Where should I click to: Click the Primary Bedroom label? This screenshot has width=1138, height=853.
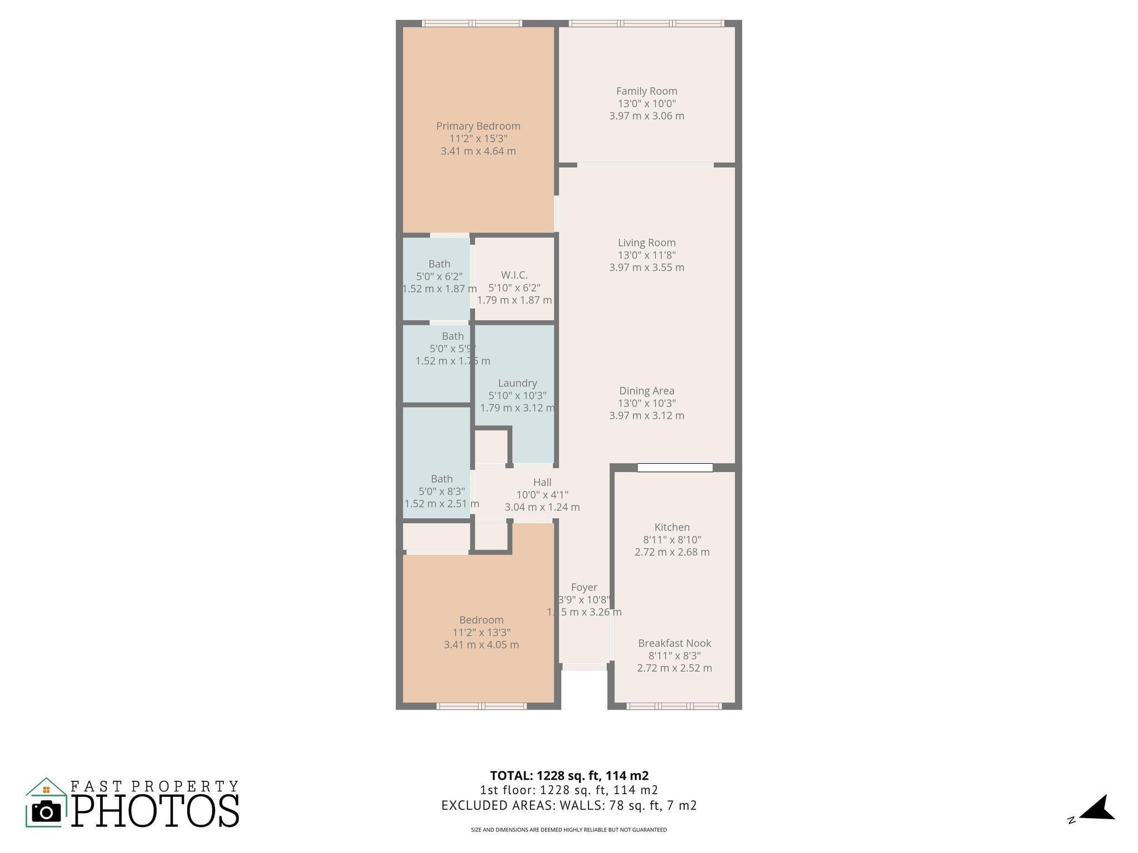click(478, 126)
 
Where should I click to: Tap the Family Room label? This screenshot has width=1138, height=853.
click(646, 91)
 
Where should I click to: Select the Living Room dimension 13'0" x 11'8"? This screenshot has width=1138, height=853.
click(646, 255)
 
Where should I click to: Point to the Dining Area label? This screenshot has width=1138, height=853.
click(646, 391)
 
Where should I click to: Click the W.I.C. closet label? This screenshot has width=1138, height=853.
click(514, 275)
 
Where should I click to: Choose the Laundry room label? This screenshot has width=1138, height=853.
click(517, 383)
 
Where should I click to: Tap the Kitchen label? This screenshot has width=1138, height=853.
click(672, 527)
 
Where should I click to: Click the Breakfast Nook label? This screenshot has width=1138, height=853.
click(674, 643)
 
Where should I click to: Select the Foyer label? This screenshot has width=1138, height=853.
click(584, 587)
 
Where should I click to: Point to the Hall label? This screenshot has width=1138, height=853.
click(542, 482)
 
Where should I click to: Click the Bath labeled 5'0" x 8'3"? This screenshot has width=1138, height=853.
click(442, 479)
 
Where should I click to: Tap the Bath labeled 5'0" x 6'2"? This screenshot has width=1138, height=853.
click(439, 264)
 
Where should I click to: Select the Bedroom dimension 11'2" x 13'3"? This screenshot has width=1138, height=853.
click(481, 632)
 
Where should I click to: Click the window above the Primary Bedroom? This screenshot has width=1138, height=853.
click(472, 23)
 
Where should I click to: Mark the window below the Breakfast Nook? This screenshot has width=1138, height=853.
click(674, 706)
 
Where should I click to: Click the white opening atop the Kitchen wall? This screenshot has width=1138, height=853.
click(675, 468)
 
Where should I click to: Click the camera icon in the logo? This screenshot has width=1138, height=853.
click(46, 812)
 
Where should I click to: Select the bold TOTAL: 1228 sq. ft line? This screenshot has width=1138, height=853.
click(569, 775)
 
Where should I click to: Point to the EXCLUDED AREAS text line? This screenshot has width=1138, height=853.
click(569, 805)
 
